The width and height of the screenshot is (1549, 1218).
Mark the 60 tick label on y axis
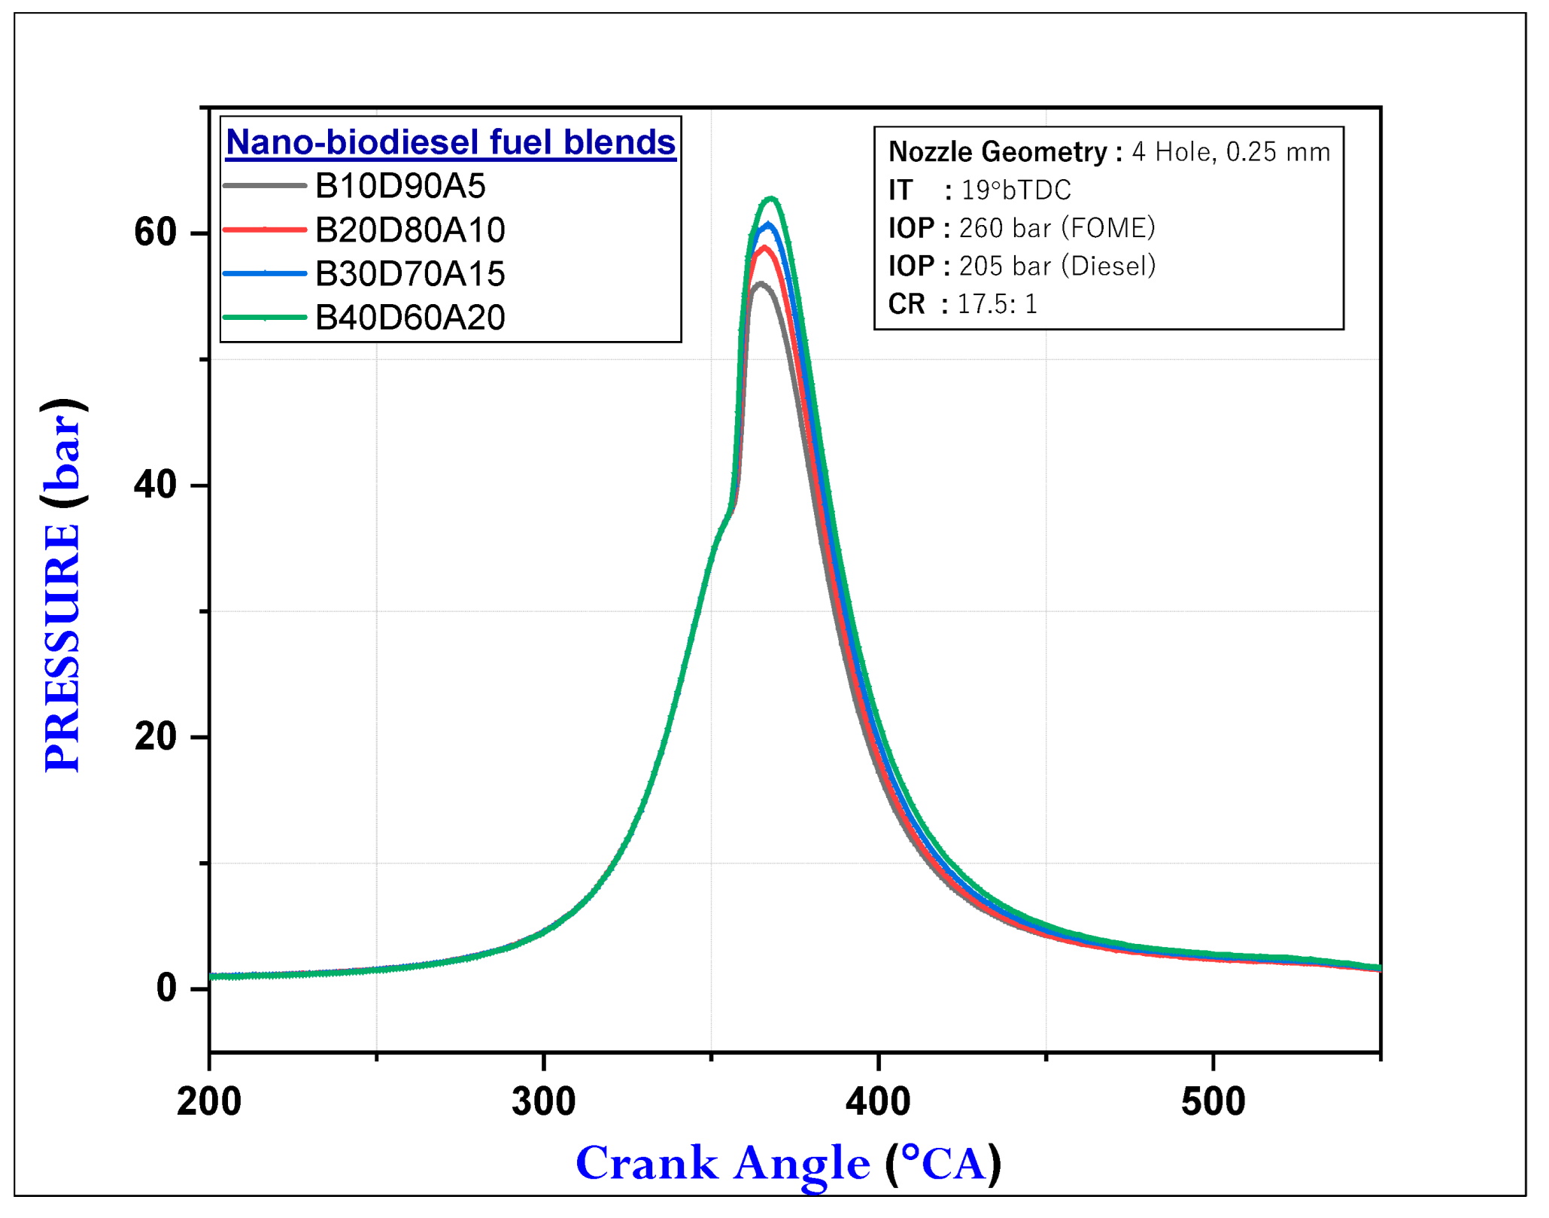coord(156,233)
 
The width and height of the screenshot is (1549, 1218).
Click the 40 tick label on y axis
coord(156,486)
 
